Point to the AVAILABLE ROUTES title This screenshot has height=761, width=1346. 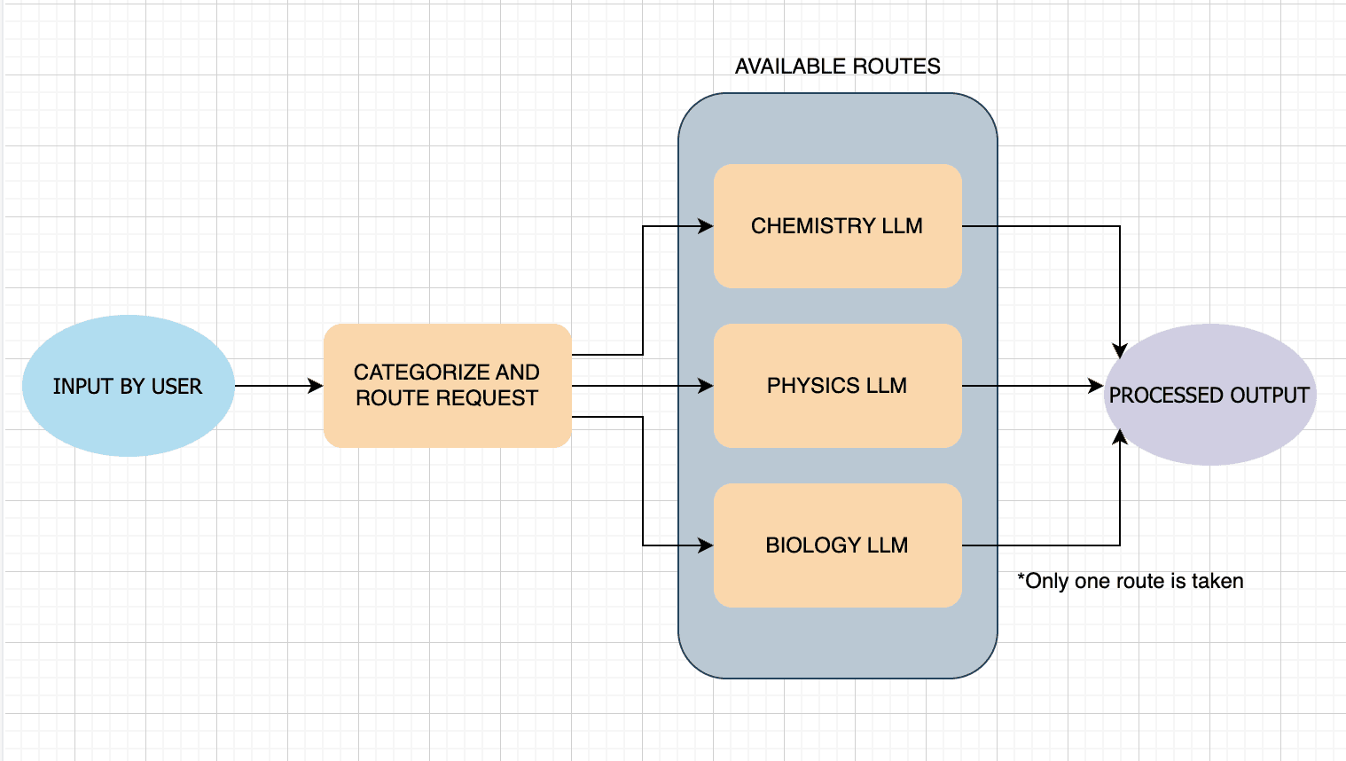pyautogui.click(x=837, y=67)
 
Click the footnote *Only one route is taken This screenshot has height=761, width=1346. pyautogui.click(x=1130, y=581)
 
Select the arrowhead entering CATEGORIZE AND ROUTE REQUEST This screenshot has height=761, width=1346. pyautogui.click(x=317, y=386)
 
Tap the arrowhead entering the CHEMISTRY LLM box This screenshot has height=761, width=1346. pyautogui.click(x=707, y=226)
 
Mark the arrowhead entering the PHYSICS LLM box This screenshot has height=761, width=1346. pyautogui.click(x=707, y=386)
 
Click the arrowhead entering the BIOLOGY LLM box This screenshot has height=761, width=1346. pyautogui.click(x=707, y=545)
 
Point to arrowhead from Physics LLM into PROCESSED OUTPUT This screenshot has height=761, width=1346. pyautogui.click(x=1097, y=386)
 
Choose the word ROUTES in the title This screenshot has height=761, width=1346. pyautogui.click(x=896, y=67)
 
